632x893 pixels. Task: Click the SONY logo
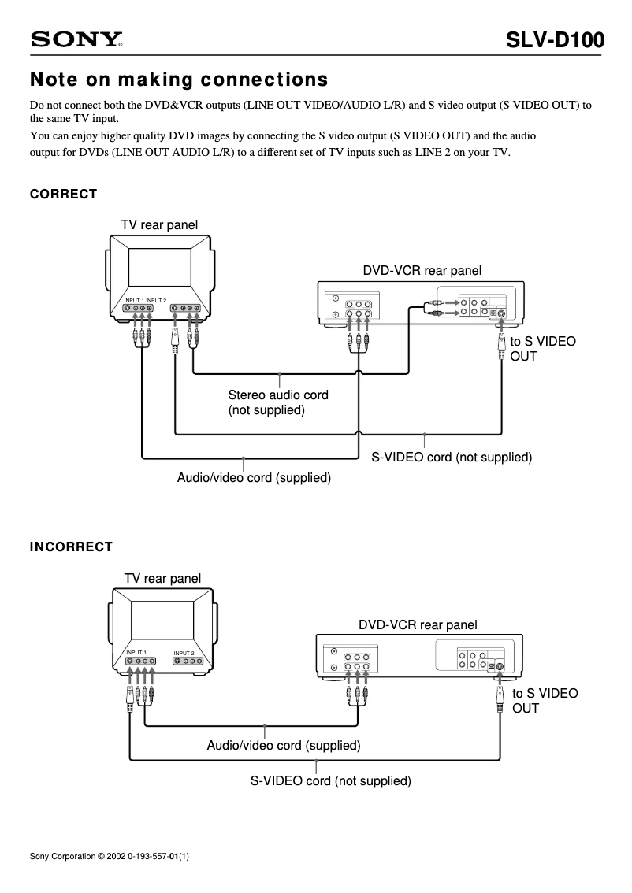pos(77,39)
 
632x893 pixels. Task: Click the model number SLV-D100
pos(556,39)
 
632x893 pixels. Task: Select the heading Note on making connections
pos(178,80)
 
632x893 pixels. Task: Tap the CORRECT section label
pos(63,194)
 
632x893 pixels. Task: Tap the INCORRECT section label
pos(71,547)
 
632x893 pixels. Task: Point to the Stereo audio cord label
pos(277,402)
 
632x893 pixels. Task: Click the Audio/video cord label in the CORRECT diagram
pos(254,477)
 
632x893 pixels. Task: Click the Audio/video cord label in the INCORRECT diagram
pos(284,745)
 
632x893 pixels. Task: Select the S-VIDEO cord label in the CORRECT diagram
pos(452,457)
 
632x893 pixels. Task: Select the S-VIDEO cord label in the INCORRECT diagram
pos(331,781)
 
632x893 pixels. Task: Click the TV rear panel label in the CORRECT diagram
pos(159,225)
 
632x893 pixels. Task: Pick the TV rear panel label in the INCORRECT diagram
pos(162,578)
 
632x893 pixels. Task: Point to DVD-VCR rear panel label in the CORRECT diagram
pos(422,270)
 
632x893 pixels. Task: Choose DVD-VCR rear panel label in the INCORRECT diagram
pos(418,624)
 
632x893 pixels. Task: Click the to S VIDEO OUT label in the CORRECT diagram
pos(543,349)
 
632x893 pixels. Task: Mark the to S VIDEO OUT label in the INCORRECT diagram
pos(545,700)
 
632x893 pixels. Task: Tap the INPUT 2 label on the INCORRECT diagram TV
pos(184,653)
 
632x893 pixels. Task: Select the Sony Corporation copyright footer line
pos(109,855)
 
